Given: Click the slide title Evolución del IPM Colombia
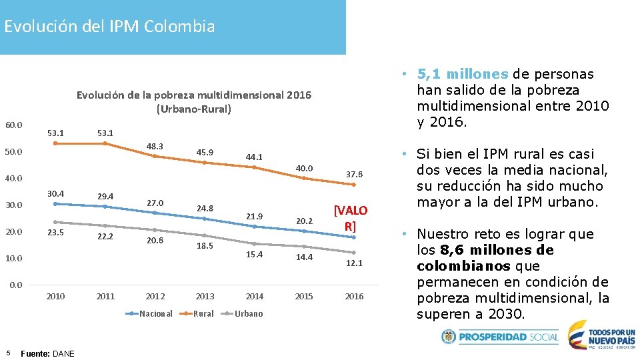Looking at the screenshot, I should (x=109, y=27).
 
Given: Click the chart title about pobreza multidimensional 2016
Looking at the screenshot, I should (x=193, y=101).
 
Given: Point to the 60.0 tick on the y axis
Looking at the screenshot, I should (x=13, y=125).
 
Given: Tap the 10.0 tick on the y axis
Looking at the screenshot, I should (x=13, y=258).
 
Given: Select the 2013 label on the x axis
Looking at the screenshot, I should (x=205, y=297).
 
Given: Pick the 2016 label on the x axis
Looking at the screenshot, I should (x=354, y=297).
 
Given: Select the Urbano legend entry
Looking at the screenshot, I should (x=248, y=314).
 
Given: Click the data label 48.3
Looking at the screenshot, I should (x=155, y=146).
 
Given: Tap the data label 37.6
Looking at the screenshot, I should (x=354, y=175).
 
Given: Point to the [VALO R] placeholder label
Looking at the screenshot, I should (x=350, y=218).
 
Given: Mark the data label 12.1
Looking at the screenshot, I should (x=354, y=263).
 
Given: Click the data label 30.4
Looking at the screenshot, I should (x=55, y=193).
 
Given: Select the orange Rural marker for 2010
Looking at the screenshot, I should (x=55, y=143).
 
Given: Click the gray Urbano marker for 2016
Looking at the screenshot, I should (x=354, y=252).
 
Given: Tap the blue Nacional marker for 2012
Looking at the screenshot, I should (x=155, y=213).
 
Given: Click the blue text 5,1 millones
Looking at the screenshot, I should (x=463, y=74).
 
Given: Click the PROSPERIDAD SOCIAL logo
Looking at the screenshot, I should (x=500, y=337).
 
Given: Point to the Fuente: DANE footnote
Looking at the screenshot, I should (x=48, y=353).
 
